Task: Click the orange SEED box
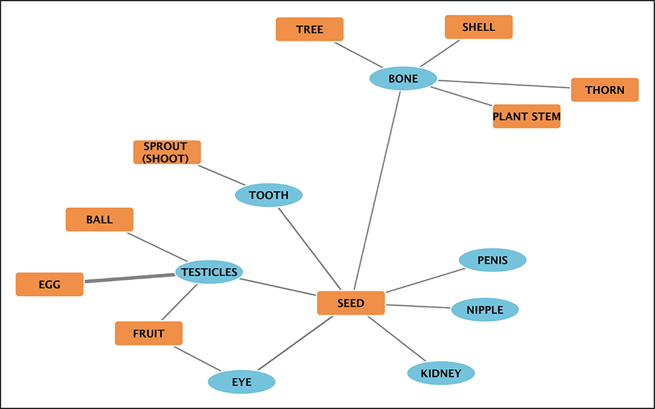click(x=351, y=303)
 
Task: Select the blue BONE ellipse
click(x=403, y=78)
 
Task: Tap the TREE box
click(x=310, y=29)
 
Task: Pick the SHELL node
click(x=479, y=27)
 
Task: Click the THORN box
click(x=604, y=90)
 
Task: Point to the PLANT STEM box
click(x=527, y=116)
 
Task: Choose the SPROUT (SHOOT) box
click(x=167, y=152)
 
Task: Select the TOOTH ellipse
click(x=268, y=195)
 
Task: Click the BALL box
click(x=99, y=220)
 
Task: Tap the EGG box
click(x=49, y=285)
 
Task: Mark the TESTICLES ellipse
click(x=209, y=272)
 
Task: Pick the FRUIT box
click(x=149, y=333)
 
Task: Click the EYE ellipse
click(x=241, y=382)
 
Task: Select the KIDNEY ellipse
click(x=441, y=373)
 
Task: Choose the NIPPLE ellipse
click(x=485, y=310)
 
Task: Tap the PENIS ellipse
click(x=492, y=260)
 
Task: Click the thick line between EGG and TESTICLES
click(x=129, y=278)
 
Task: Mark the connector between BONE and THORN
click(x=504, y=84)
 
